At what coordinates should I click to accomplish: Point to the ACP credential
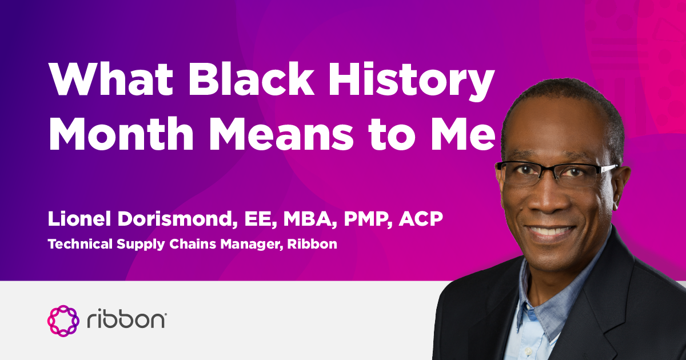pos(413,219)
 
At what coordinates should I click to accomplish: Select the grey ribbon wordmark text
pos(126,320)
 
